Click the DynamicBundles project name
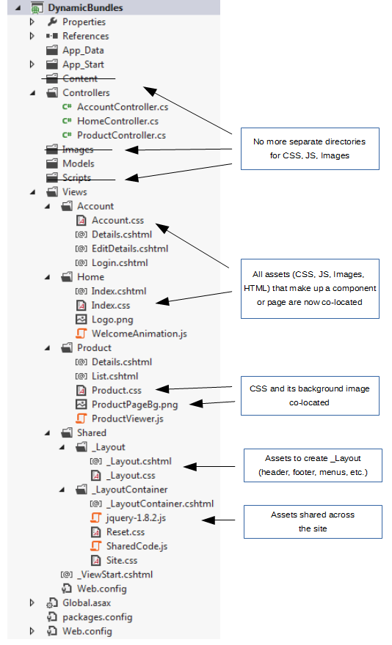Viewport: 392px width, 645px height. tap(85, 7)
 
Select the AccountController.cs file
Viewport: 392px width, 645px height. tap(123, 107)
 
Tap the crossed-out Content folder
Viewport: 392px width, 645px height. tap(80, 78)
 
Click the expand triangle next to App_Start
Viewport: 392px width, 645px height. tap(32, 64)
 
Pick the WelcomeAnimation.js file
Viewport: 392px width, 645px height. tap(139, 333)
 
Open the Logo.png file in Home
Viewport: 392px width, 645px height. tap(112, 320)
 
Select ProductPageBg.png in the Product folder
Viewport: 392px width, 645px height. tap(134, 405)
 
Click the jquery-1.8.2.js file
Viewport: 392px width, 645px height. tap(136, 518)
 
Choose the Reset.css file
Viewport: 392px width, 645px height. tap(126, 532)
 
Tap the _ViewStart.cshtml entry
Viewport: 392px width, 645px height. tap(115, 575)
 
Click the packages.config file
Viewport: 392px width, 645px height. tap(98, 617)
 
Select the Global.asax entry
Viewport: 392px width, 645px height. tap(87, 603)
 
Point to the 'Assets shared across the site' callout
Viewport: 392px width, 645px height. tap(313, 522)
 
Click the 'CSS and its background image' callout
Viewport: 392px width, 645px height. tap(310, 395)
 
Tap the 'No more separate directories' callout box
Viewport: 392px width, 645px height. tap(310, 149)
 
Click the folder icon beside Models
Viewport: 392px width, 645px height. tap(52, 163)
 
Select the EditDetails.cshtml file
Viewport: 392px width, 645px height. tap(130, 248)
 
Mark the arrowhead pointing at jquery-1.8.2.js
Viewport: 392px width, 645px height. tap(208, 520)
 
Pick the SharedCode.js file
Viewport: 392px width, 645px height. tap(137, 546)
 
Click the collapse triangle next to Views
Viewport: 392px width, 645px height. tap(32, 192)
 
